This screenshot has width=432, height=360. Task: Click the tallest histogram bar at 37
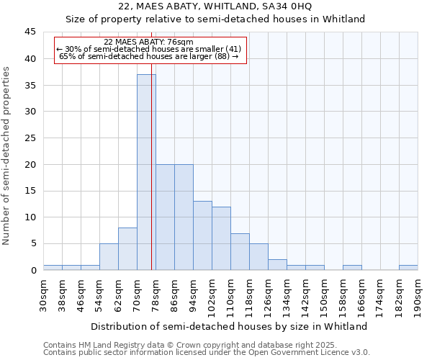pos(146,173)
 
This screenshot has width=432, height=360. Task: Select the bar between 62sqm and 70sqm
pos(127,249)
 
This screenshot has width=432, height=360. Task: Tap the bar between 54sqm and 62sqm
pos(109,257)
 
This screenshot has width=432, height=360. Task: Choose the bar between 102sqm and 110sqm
pos(221,238)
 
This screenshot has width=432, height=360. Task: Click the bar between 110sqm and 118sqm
pos(240,252)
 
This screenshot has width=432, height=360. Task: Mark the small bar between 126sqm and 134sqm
pos(277,265)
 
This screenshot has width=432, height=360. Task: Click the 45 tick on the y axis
pos(30,32)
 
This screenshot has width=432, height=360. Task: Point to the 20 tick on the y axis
pos(30,164)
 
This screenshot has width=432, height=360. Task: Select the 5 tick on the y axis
pos(33,243)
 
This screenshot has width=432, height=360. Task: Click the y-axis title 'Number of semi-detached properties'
pos(7,156)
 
